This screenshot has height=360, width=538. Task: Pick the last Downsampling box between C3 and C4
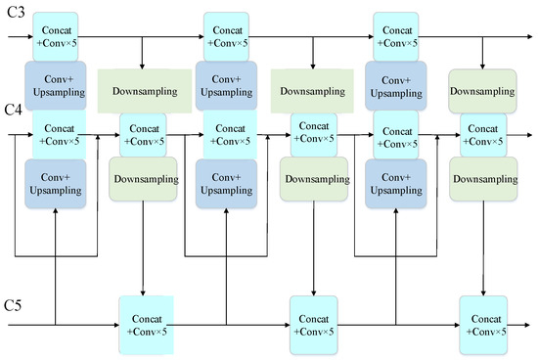[x=482, y=90]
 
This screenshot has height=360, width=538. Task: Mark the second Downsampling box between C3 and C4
[x=313, y=90]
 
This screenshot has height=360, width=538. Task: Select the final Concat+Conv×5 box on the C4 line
[x=483, y=135]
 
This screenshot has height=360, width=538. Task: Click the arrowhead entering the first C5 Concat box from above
[x=144, y=292]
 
